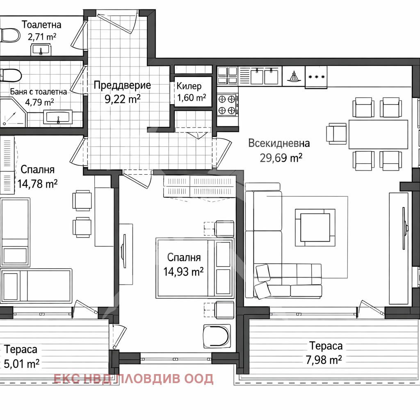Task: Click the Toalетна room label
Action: [x=41, y=25]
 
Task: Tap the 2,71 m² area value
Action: [x=42, y=37]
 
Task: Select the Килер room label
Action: [x=189, y=86]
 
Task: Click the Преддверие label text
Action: [x=122, y=85]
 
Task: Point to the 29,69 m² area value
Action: [x=281, y=158]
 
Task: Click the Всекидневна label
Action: [x=279, y=143]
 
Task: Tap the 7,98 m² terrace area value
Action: [x=324, y=360]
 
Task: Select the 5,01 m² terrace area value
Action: [x=22, y=364]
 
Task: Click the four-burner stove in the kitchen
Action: [x=227, y=105]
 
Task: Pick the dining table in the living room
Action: [x=378, y=135]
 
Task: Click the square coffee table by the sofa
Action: [x=315, y=228]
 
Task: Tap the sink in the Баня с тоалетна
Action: [x=58, y=117]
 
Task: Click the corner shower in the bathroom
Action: [x=14, y=112]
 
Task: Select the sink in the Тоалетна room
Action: [x=41, y=50]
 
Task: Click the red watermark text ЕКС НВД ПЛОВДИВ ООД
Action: [x=133, y=379]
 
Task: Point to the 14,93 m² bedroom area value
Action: [x=183, y=272]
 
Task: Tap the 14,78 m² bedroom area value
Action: [x=37, y=184]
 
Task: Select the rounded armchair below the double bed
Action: [x=217, y=336]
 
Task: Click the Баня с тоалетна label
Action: [x=39, y=91]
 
